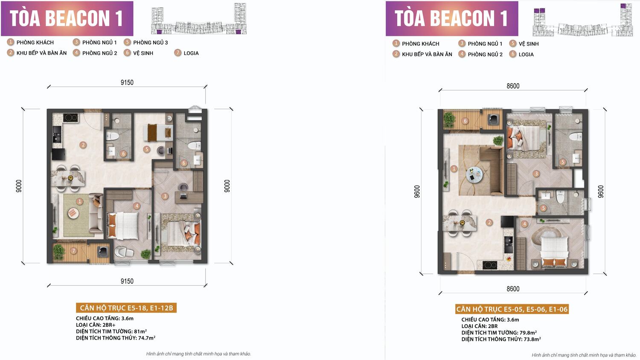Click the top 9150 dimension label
tap(127, 82)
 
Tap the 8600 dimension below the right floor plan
tap(513, 289)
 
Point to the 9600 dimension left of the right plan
tap(417, 192)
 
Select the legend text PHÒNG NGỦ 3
tap(151, 43)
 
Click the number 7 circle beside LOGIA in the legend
tap(178, 53)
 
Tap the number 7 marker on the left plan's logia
tap(74, 251)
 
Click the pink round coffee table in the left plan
tap(73, 213)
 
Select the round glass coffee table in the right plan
tap(474, 174)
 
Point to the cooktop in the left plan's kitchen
tap(70, 118)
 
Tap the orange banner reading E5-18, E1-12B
tap(126, 308)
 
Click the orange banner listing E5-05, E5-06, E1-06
tap(512, 309)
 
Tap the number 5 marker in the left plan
tap(147, 149)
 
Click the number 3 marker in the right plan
tap(536, 174)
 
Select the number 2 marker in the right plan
tap(489, 222)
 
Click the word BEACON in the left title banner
tap(77, 19)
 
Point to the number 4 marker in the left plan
tap(137, 206)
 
